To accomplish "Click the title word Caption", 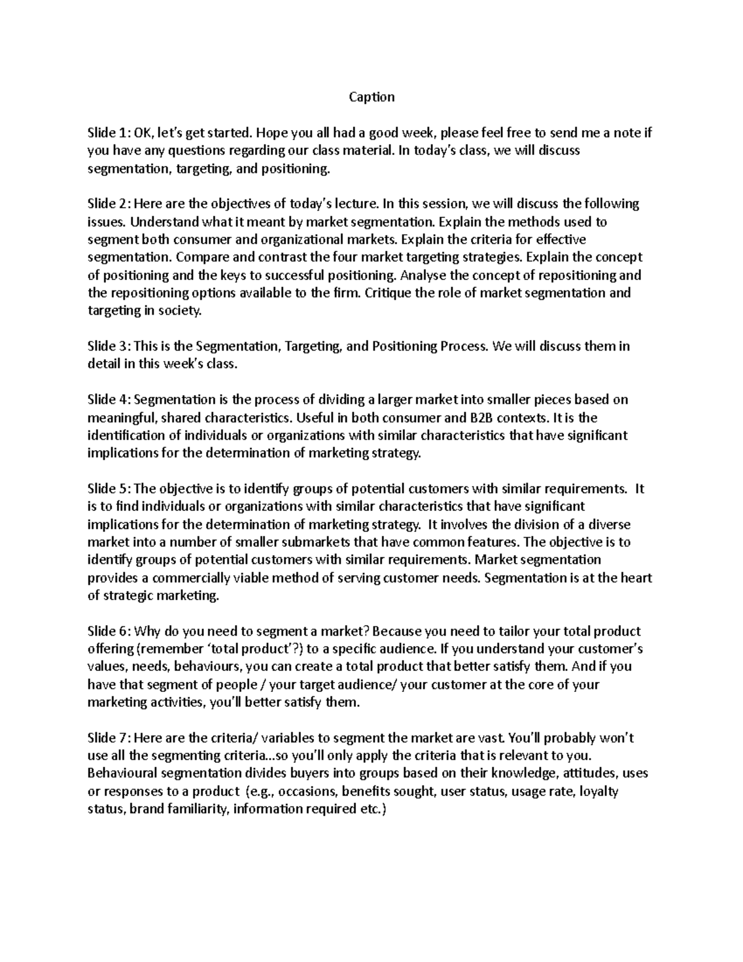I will [371, 97].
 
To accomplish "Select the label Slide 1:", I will [109, 133].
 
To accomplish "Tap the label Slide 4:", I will [109, 400].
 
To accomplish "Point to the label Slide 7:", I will [109, 738].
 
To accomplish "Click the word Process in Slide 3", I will [463, 346].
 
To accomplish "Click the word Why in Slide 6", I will [146, 631].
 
